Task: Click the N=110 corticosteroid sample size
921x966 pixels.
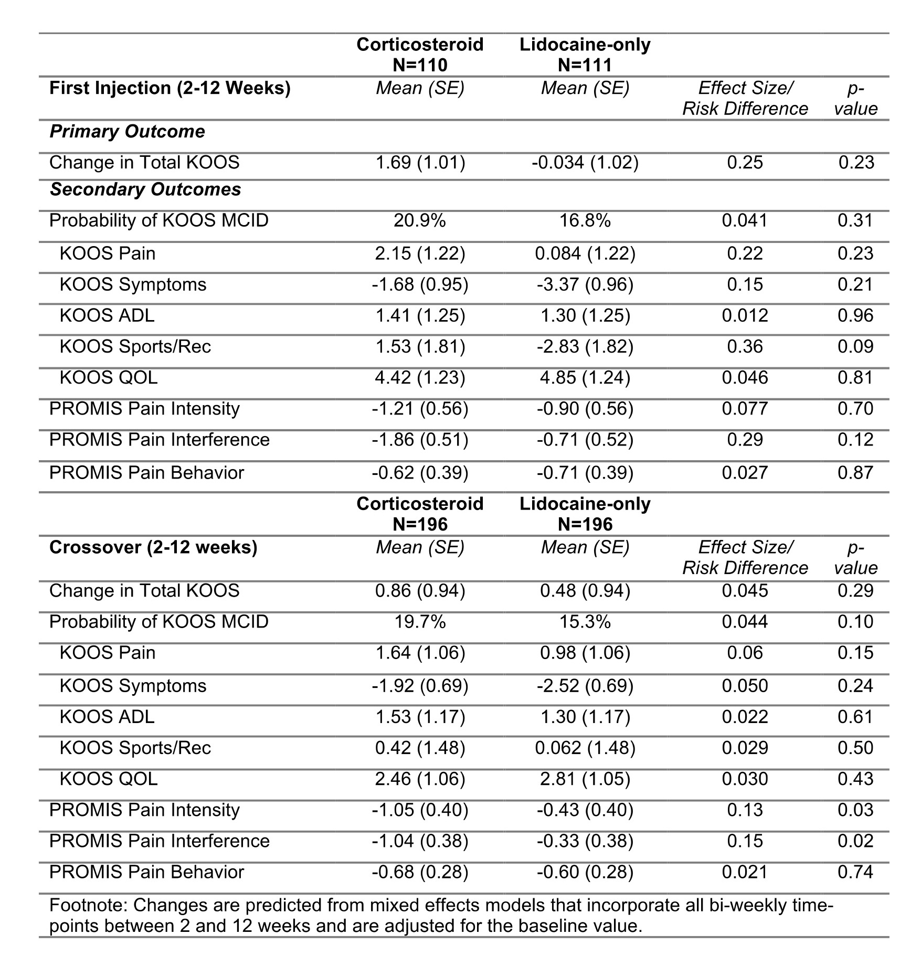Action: point(420,65)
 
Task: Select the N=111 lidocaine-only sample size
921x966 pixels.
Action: point(585,65)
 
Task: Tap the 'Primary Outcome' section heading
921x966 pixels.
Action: point(127,131)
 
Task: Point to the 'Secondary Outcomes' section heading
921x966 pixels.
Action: point(145,189)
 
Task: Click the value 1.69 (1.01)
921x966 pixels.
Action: point(420,163)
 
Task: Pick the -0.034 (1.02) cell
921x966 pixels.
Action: point(585,163)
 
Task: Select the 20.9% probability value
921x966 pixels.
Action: point(420,220)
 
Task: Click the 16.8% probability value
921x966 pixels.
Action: point(585,220)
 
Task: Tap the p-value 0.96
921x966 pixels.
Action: point(855,315)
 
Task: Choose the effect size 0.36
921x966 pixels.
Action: point(745,346)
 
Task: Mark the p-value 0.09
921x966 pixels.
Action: point(855,346)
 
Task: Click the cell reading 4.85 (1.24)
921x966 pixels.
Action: point(585,378)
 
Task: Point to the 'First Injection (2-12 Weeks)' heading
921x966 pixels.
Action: point(170,88)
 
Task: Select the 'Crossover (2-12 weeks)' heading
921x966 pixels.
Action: point(153,547)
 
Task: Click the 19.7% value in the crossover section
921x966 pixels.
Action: point(420,622)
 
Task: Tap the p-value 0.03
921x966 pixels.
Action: point(855,810)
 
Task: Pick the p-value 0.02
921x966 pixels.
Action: point(855,841)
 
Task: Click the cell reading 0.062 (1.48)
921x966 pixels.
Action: point(585,748)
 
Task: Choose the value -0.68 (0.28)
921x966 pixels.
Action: point(420,872)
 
